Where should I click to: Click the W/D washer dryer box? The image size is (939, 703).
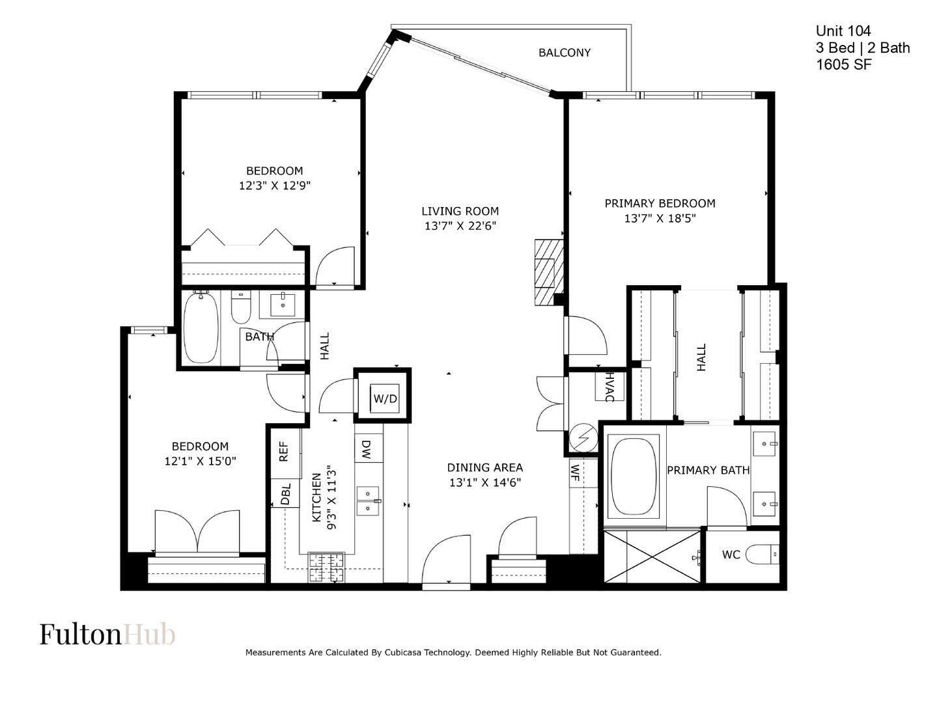pyautogui.click(x=384, y=398)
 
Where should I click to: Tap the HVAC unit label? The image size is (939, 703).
pyautogui.click(x=610, y=387)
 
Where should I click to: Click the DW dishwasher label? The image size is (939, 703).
pyautogui.click(x=367, y=449)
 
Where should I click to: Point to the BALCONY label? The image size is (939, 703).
pyautogui.click(x=564, y=53)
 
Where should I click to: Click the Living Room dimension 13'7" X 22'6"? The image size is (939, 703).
pyautogui.click(x=460, y=226)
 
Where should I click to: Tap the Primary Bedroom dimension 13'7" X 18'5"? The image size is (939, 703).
pyautogui.click(x=660, y=218)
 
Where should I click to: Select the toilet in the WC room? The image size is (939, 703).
pyautogui.click(x=762, y=555)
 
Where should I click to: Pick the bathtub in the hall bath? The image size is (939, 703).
pyautogui.click(x=201, y=328)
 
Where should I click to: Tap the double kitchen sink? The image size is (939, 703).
pyautogui.click(x=369, y=501)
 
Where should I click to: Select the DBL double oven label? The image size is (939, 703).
pyautogui.click(x=285, y=494)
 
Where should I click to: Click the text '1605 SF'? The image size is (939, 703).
pyautogui.click(x=843, y=64)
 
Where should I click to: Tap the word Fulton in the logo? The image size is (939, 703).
pyautogui.click(x=80, y=634)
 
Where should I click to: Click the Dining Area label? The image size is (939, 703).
pyautogui.click(x=484, y=467)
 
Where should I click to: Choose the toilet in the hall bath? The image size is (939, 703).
pyautogui.click(x=241, y=307)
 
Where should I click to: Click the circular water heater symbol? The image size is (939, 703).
pyautogui.click(x=583, y=438)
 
